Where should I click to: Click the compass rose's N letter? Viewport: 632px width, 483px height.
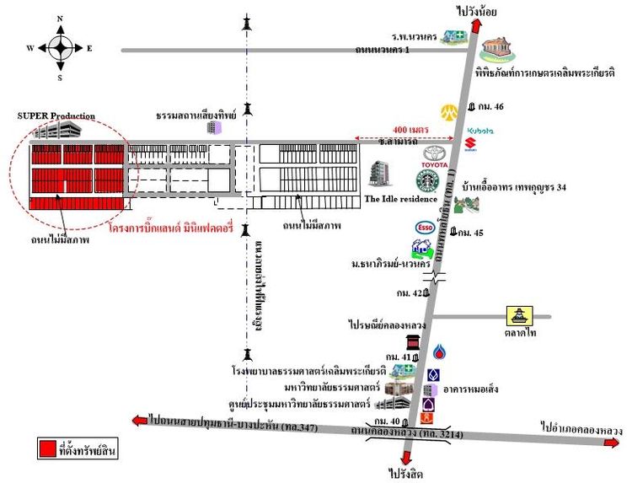pos(59,17)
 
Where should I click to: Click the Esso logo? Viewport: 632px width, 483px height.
pos(424,227)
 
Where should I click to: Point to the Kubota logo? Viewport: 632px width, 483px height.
pos(479,131)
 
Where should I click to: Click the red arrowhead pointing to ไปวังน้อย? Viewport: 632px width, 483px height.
pos(476,25)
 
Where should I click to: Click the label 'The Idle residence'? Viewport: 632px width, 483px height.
pos(399,199)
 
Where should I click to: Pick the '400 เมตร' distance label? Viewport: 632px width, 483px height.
pos(410,129)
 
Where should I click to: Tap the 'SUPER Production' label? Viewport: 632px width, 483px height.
pos(56,115)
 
